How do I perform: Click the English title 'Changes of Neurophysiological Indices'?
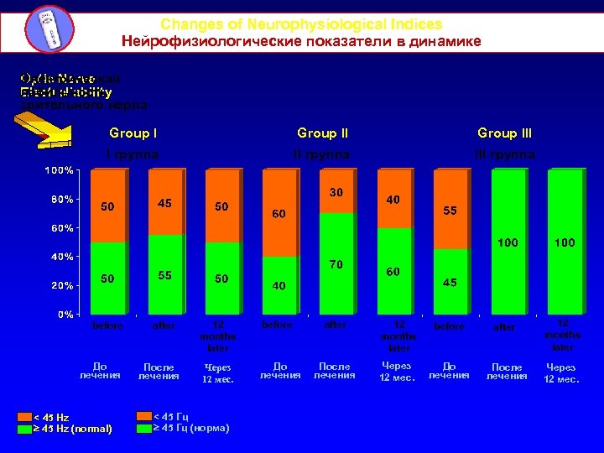coord(301,25)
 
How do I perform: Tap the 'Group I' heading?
coord(134,133)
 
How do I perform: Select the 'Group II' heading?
coord(323,133)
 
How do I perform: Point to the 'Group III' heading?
coord(504,133)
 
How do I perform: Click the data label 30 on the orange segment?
coord(336,192)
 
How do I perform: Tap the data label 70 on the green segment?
coord(336,264)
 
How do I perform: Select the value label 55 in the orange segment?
coord(450,211)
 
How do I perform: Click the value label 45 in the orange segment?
coord(165,202)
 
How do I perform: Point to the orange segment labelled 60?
coord(279,213)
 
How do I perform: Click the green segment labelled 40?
coord(279,286)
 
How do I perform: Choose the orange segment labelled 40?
coord(393,200)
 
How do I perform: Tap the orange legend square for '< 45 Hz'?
coord(28,417)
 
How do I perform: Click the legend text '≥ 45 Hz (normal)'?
coord(71,429)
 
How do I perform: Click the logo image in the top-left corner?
coord(46,29)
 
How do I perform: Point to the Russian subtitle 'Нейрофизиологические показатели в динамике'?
coord(301,41)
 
